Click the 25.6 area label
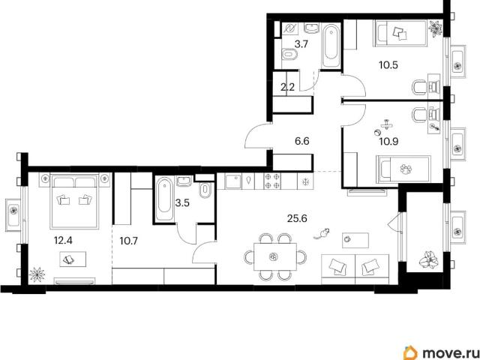(x=297, y=218)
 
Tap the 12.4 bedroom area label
(x=63, y=240)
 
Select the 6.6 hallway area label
(x=301, y=142)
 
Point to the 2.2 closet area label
(x=287, y=87)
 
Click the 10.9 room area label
(x=388, y=142)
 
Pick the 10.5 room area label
(x=388, y=65)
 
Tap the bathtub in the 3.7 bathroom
(x=331, y=46)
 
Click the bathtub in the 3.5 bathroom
(x=164, y=199)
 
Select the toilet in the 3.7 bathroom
(x=289, y=55)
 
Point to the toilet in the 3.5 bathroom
(x=204, y=190)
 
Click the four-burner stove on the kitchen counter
(x=272, y=181)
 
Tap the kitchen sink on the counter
(x=233, y=181)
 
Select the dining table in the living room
(x=275, y=256)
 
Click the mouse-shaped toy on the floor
(x=322, y=233)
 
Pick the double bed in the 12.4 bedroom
(x=74, y=201)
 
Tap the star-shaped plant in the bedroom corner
(x=37, y=274)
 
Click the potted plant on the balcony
(x=429, y=260)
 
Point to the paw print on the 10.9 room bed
(x=406, y=169)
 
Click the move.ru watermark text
(x=448, y=353)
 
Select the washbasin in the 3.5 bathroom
(x=184, y=181)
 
